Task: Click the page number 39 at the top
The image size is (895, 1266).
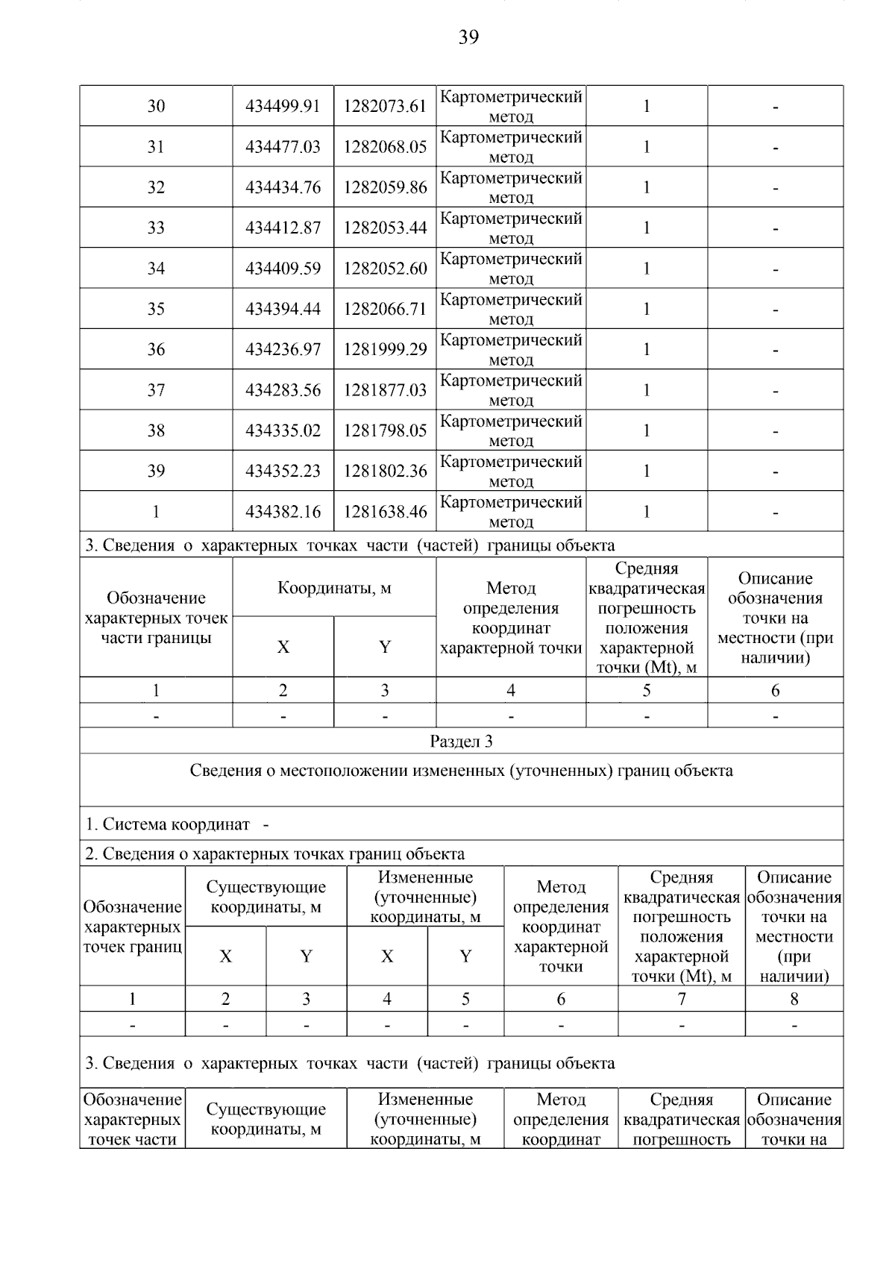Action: pos(468,37)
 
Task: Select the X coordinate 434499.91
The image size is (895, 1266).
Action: pos(283,107)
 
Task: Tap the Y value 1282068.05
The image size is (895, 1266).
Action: pos(385,147)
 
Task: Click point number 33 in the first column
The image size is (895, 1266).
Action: pos(156,228)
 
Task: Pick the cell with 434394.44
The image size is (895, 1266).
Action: pos(283,309)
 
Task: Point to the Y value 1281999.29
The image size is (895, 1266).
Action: pos(385,349)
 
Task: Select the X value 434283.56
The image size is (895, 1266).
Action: pos(283,390)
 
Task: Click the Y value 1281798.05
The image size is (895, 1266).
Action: pos(385,430)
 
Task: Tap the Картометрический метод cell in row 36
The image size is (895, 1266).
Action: pos(511,349)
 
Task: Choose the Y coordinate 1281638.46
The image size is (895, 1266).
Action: pos(385,512)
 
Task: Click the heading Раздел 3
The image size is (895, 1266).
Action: pos(461,742)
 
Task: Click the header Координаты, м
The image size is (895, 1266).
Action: pos(334,588)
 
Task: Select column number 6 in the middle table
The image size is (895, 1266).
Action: pos(775,691)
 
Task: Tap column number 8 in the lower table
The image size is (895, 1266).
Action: pos(794,1000)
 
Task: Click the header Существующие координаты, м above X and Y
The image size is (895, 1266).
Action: pos(266,897)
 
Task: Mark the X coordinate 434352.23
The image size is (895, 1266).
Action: pos(283,471)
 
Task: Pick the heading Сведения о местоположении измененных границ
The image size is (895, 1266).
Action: pos(461,771)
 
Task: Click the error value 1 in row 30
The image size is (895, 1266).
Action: pos(646,107)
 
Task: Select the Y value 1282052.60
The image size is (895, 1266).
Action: pos(385,269)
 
